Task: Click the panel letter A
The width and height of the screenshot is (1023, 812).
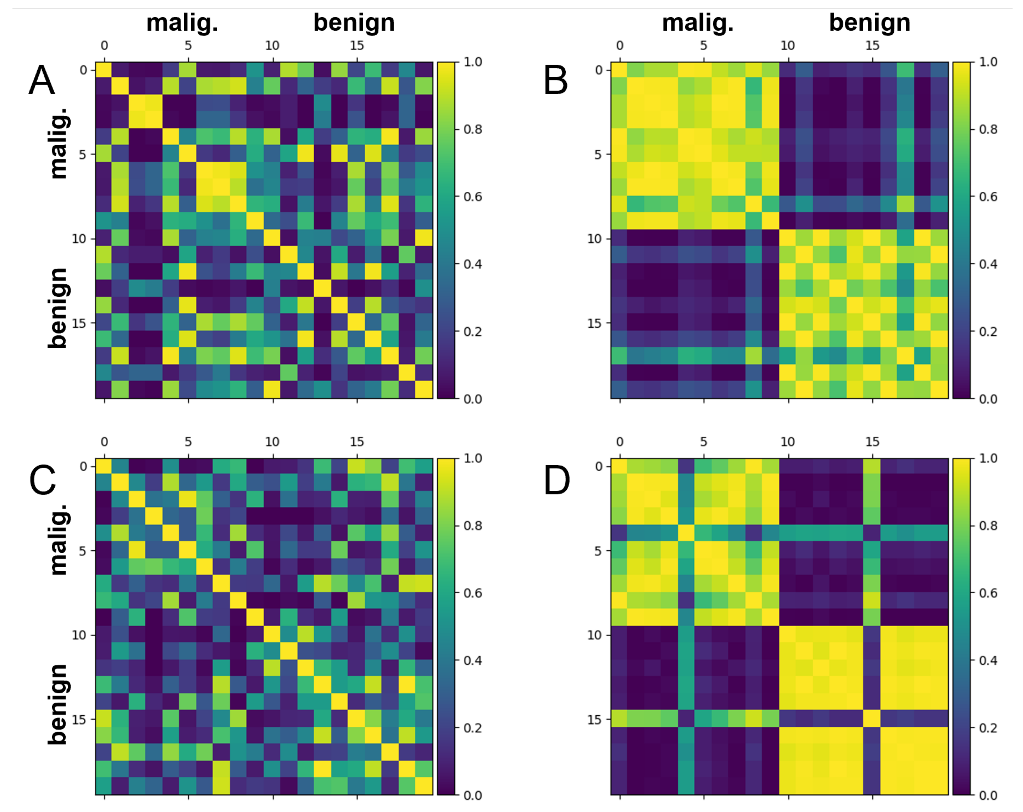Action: pyautogui.click(x=42, y=80)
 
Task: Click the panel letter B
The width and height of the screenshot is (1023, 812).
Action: pyautogui.click(x=556, y=80)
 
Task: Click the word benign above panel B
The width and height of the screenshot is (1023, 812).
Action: pyautogui.click(x=869, y=22)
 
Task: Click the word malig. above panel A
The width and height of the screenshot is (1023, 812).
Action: pyautogui.click(x=182, y=22)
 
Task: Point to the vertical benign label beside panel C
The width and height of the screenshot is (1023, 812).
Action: pyautogui.click(x=58, y=704)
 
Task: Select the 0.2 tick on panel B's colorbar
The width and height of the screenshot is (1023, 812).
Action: pyautogui.click(x=988, y=331)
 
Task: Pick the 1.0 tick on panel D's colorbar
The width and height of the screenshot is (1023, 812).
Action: pyautogui.click(x=988, y=458)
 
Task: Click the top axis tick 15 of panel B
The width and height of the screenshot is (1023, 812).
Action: pyautogui.click(x=872, y=45)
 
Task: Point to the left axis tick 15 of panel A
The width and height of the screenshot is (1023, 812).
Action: pyautogui.click(x=79, y=323)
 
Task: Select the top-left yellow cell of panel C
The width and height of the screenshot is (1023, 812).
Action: pyautogui.click(x=104, y=467)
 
